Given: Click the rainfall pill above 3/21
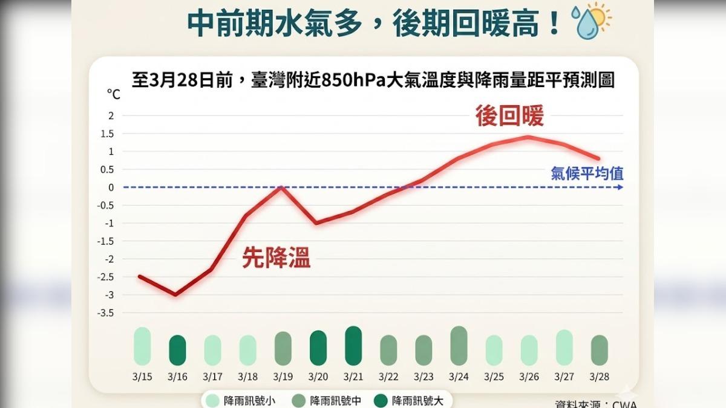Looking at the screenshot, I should [353, 346].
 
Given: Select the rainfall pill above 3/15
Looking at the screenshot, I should [142, 346].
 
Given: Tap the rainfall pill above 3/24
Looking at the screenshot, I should [459, 346].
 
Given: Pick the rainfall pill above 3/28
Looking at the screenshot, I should [599, 350].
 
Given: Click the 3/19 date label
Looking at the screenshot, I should [283, 377].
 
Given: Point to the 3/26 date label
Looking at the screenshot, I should [529, 377].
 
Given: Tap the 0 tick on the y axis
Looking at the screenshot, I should [111, 187].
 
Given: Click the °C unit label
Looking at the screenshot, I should [113, 94].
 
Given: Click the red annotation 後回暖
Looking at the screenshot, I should [509, 116].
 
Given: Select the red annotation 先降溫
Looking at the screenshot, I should [276, 259].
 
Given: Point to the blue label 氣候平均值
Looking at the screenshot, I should [587, 174].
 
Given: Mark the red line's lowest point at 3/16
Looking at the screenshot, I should [176, 295].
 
